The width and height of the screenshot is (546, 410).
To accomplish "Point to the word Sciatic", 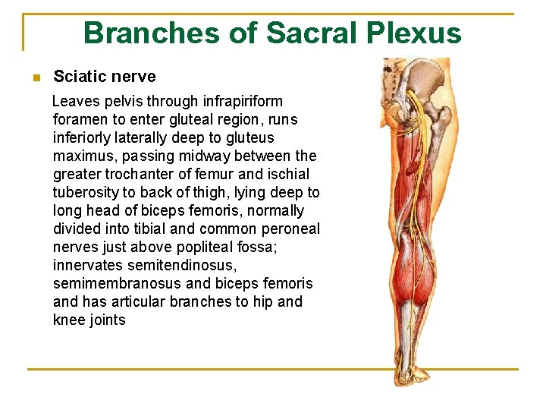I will (78, 77).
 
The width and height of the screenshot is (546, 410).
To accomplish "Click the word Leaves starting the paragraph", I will (72, 101).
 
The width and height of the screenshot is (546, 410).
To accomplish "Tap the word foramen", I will (80, 119).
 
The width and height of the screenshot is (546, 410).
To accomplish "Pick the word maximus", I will (83, 156).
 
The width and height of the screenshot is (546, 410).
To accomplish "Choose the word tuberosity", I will (86, 192).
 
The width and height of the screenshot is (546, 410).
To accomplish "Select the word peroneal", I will (294, 229).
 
